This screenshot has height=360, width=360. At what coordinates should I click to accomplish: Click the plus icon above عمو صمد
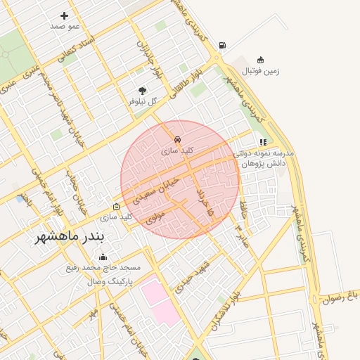coord(65,15)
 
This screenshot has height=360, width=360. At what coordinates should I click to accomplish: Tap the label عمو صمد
coord(65,26)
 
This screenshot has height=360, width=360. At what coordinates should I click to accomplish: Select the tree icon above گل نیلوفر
coord(143,91)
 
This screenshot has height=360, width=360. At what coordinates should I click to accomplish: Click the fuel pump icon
coord(223,46)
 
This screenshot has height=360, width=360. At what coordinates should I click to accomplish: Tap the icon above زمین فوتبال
coord(261,60)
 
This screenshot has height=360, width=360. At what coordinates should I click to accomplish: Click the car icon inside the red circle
coord(178,140)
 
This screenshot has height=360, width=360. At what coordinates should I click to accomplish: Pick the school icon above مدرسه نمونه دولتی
coord(263,142)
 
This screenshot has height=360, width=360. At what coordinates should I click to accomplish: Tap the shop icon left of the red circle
coord(117,207)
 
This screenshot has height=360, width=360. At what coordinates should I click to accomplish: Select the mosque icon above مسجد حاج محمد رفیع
coord(103,257)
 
